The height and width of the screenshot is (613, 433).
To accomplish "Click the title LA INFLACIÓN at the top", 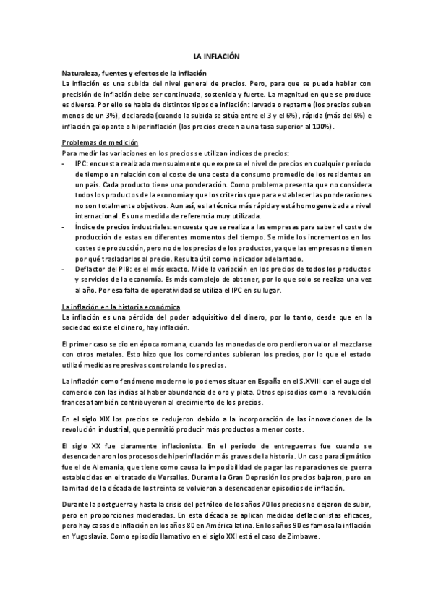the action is tap(216, 56).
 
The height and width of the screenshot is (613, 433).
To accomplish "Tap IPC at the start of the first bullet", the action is tap(80, 163).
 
